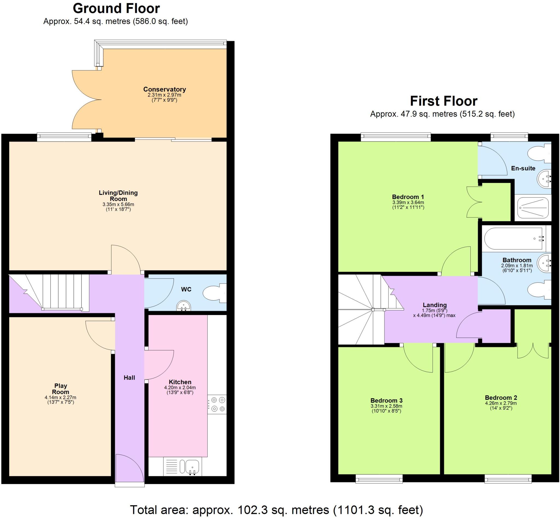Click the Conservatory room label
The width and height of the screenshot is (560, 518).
[165, 89]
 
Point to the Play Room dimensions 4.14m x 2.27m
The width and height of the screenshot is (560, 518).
[60, 397]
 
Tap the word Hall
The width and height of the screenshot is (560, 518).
[129, 378]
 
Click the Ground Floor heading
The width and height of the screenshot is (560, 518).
[116, 9]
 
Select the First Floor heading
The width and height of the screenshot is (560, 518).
[444, 101]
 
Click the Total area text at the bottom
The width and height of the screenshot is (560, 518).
[276, 509]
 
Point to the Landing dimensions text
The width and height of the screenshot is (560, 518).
[434, 313]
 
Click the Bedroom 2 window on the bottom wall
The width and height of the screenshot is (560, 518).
[508, 479]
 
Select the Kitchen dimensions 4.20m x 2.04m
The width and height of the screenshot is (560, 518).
[180, 388]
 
